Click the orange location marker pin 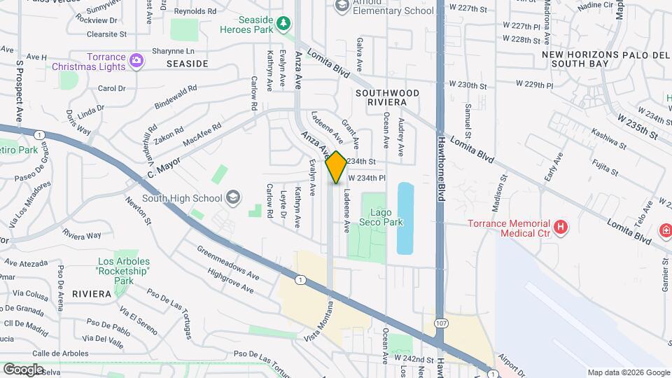(336, 167)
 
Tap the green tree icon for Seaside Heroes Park (283, 24)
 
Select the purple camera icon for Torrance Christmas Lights (136, 62)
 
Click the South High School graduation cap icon (232, 198)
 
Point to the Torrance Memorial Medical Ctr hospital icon (559, 227)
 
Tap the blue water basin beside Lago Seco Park (405, 218)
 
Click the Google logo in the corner (23, 370)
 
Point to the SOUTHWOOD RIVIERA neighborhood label (387, 97)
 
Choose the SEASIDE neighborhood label (187, 64)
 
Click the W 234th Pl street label (366, 178)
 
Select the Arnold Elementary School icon (342, 6)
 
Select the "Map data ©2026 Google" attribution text (628, 372)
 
